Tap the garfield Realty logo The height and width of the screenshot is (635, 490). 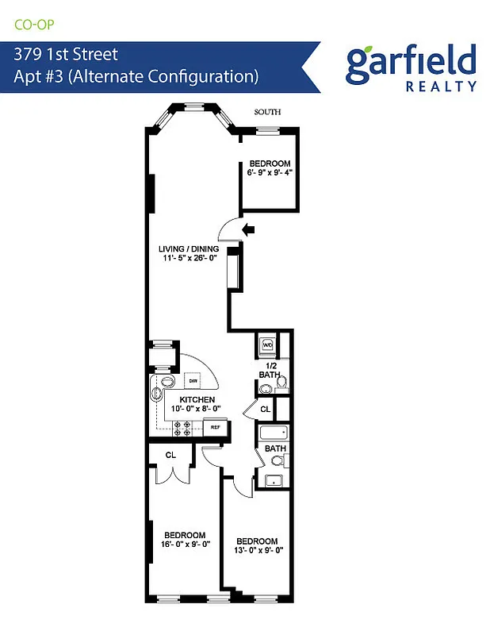pos(411,67)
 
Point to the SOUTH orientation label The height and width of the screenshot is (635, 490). pos(267,113)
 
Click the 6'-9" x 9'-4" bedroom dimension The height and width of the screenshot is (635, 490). pos(270,171)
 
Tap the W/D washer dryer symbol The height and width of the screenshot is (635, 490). pos(267,345)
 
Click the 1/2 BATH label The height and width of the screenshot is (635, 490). pos(269,369)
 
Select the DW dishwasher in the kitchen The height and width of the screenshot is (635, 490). pos(193,380)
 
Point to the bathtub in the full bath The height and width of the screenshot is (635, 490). pos(274,433)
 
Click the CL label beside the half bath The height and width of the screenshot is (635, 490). pos(265,410)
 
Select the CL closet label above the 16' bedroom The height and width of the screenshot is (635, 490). pos(170,455)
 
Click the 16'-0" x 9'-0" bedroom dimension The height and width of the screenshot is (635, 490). pos(185,545)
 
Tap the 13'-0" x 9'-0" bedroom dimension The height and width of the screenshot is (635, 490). pos(259,549)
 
